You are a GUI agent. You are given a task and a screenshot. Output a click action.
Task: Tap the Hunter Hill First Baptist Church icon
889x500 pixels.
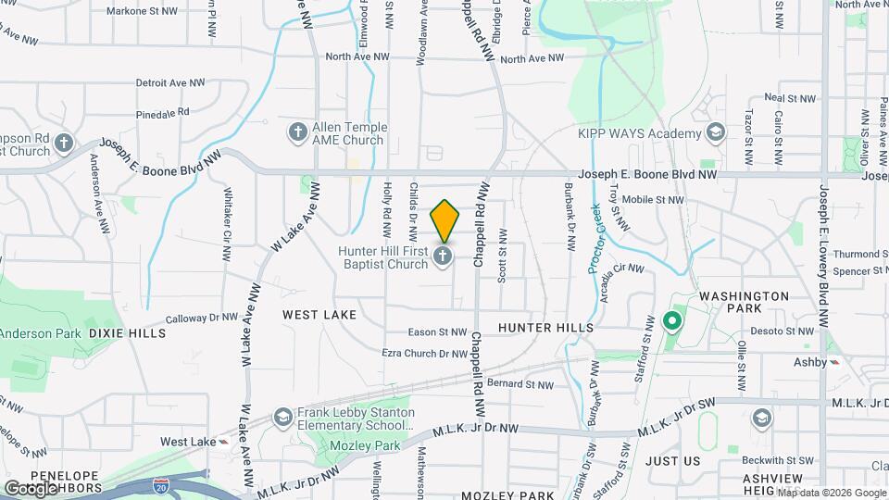click(444, 256)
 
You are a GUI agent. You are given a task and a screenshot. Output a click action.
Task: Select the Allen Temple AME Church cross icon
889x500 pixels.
click(297, 132)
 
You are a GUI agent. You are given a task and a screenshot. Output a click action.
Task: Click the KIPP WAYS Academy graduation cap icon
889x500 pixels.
click(715, 133)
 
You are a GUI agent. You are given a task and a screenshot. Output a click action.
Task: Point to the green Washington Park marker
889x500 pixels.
click(671, 322)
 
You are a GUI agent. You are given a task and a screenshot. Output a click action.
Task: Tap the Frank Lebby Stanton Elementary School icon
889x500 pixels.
click(282, 418)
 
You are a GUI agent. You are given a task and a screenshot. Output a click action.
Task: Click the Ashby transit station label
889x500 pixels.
click(810, 362)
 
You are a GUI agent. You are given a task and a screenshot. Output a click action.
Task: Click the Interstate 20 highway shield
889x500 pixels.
click(162, 484)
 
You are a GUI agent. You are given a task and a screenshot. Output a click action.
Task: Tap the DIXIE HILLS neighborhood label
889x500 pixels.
click(127, 332)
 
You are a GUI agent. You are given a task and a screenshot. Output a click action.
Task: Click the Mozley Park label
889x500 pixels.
click(363, 445)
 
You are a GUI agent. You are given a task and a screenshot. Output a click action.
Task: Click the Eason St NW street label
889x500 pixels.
click(439, 331)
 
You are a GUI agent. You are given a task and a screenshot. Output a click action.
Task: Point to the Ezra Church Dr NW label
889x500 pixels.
click(425, 353)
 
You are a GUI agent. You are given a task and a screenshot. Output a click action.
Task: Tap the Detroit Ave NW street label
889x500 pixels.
click(170, 82)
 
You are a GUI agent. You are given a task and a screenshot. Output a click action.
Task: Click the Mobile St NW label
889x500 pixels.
click(652, 199)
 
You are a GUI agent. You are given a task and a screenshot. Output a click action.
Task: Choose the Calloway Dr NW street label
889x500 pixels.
click(204, 318)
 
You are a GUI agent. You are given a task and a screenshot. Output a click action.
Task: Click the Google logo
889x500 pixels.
click(31, 488)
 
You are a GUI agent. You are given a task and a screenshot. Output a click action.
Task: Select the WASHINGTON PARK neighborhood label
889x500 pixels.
click(745, 297)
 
